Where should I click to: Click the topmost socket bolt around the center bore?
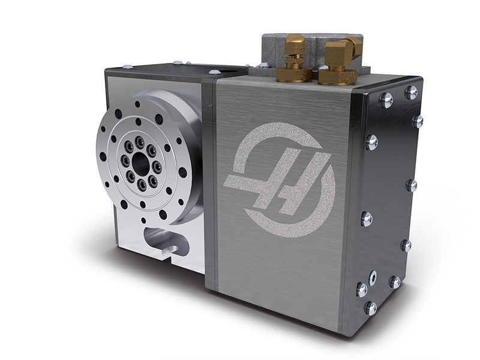[139, 140]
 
